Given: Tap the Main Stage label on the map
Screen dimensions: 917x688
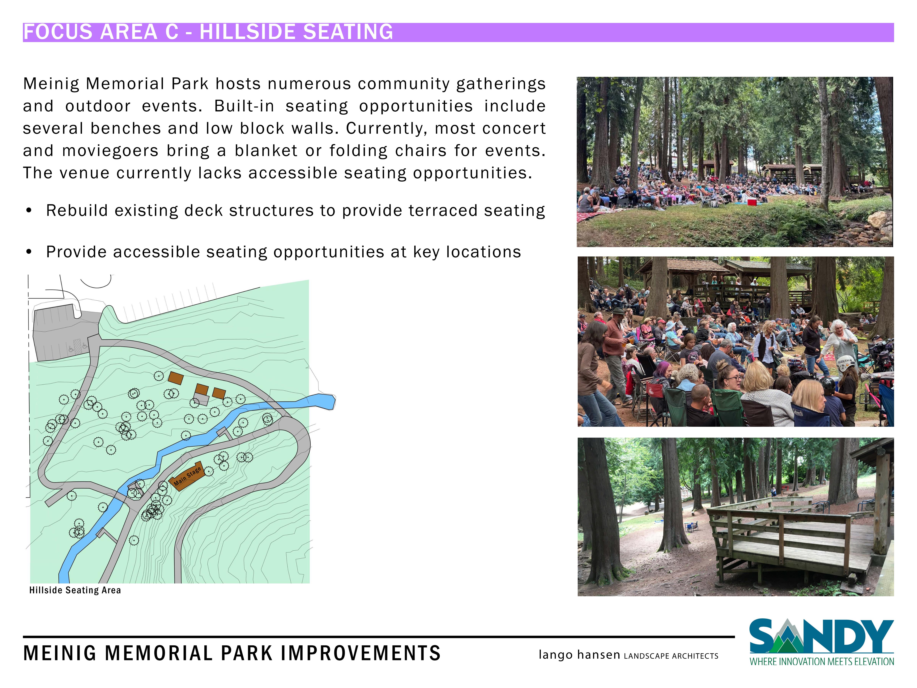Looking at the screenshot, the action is [x=187, y=476].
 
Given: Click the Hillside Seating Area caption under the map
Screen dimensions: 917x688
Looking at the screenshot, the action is [x=75, y=590].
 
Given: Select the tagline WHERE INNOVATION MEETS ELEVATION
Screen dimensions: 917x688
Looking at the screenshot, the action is [x=822, y=661].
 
